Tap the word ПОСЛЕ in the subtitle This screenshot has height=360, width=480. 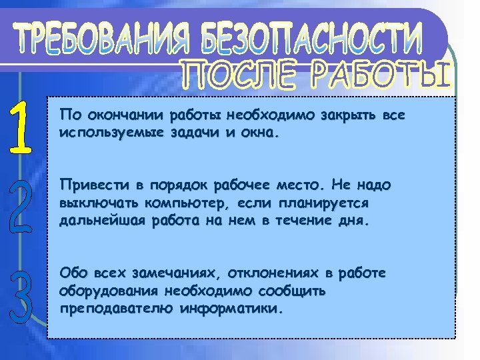tap(233, 75)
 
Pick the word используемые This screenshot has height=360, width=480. tap(99, 132)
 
